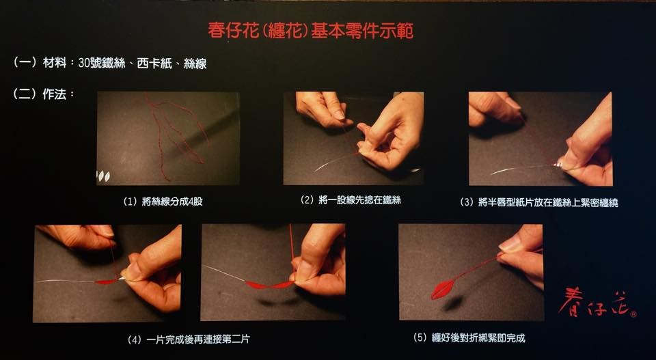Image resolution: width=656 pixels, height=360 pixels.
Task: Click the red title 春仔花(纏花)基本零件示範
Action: (x=311, y=31)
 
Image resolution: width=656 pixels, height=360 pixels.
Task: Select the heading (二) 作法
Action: (x=44, y=94)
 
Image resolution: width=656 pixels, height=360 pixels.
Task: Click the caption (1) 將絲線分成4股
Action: (x=163, y=202)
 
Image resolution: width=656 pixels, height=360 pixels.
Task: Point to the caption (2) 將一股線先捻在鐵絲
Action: (x=351, y=200)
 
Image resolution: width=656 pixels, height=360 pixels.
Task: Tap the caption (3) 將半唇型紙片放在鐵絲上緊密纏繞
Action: (x=539, y=203)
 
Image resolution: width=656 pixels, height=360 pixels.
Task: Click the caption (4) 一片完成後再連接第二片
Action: (x=189, y=339)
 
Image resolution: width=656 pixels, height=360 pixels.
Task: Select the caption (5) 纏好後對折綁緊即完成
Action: (x=469, y=338)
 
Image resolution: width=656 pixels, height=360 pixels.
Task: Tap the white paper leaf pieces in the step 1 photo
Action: (x=103, y=176)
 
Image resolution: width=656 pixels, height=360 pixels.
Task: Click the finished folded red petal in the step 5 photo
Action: (x=442, y=290)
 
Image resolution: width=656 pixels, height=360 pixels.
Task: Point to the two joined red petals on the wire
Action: (x=269, y=285)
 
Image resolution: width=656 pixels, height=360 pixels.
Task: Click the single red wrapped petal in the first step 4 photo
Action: (x=107, y=282)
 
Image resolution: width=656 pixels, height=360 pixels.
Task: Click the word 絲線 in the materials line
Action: (x=195, y=64)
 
